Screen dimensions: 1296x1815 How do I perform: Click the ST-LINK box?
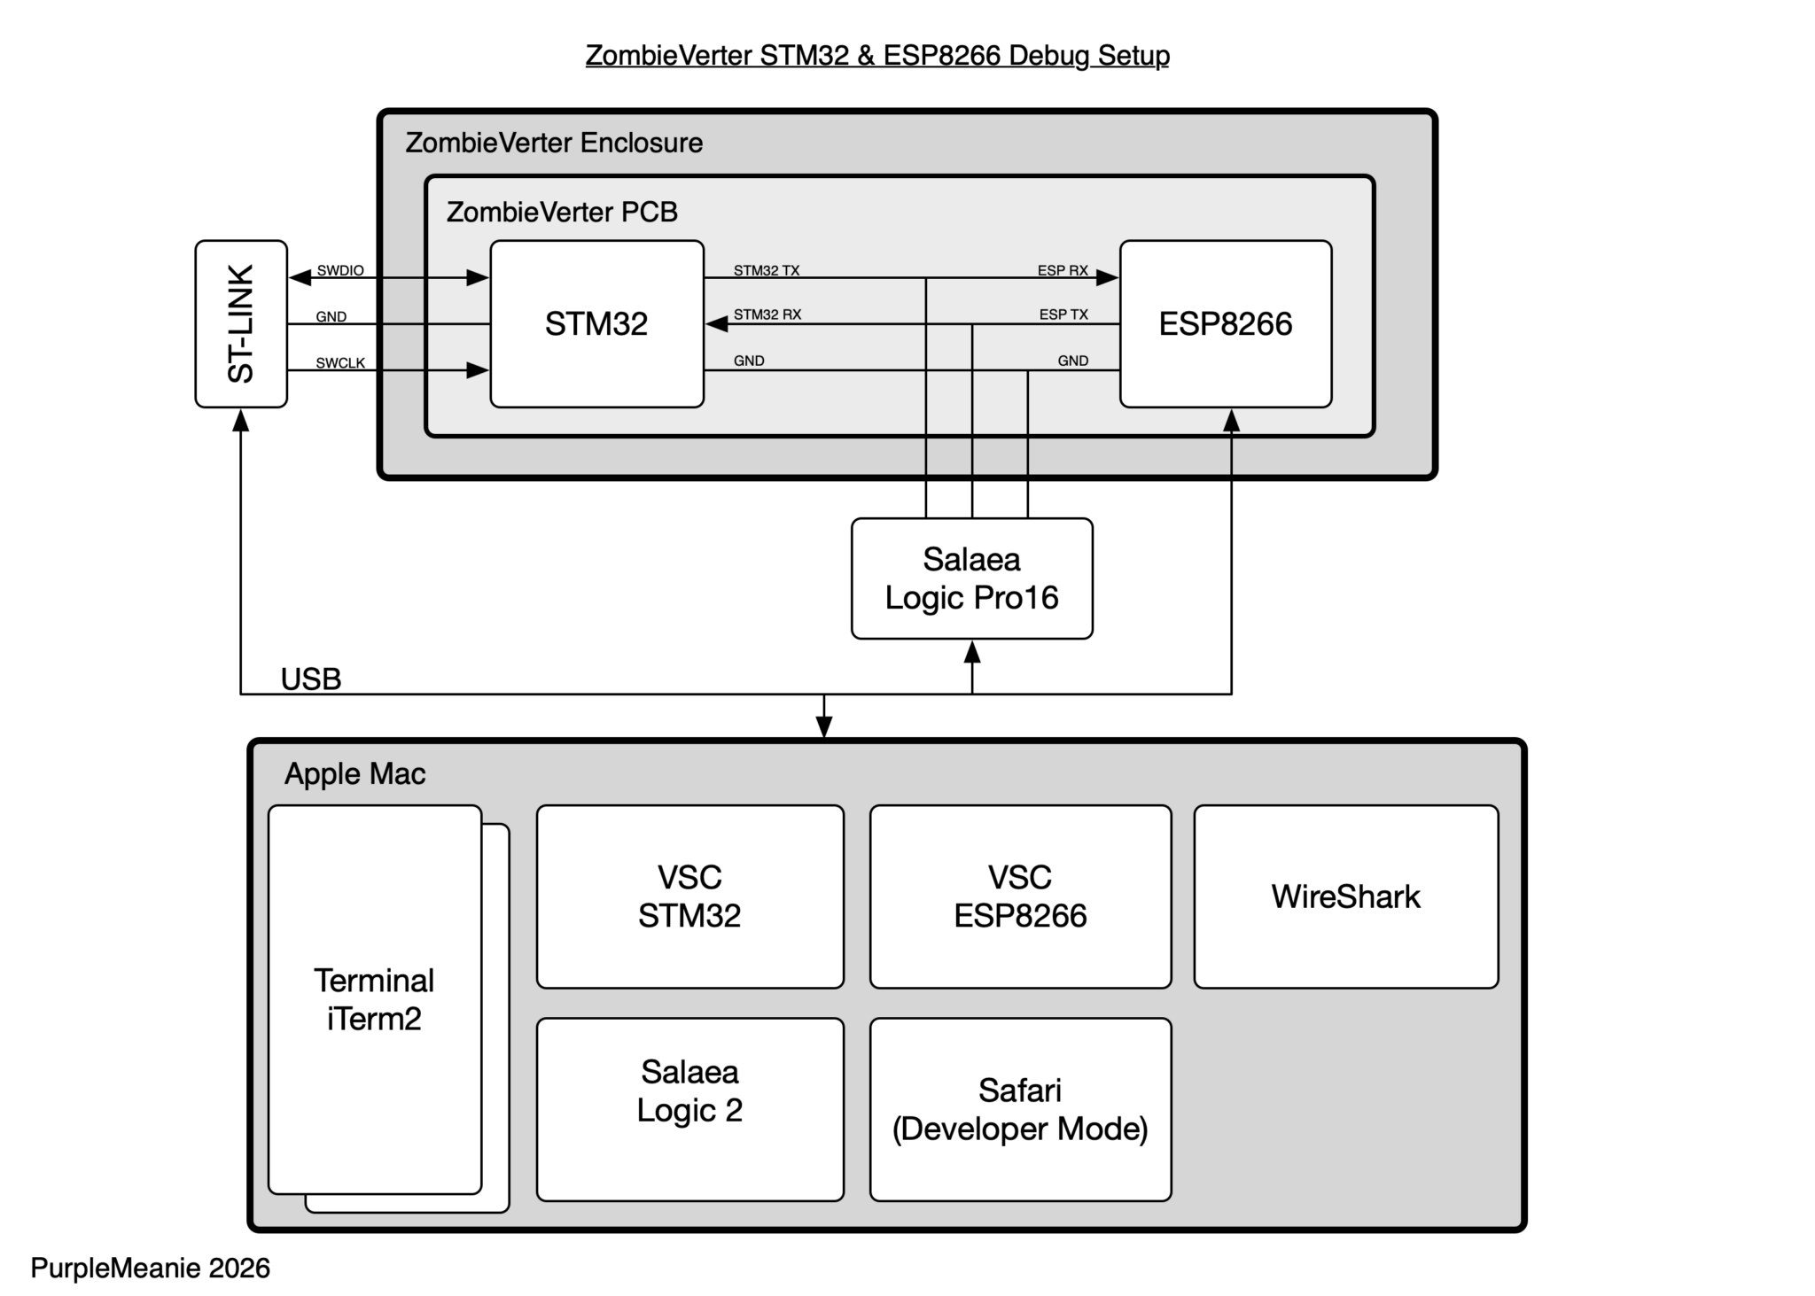coord(241,323)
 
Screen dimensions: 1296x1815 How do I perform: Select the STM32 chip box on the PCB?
coord(596,323)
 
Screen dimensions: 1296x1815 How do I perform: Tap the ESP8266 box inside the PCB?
coord(1226,323)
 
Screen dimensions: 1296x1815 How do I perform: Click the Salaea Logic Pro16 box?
coord(971,578)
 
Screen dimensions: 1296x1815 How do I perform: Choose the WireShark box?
coord(1345,896)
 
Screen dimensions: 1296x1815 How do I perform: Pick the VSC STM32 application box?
coord(689,896)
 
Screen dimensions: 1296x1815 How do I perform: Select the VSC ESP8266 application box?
coord(1020,896)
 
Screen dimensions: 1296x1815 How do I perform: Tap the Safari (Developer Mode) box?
coord(1020,1109)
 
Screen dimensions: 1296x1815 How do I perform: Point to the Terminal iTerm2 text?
coord(374,999)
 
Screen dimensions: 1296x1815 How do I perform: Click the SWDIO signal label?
coord(340,270)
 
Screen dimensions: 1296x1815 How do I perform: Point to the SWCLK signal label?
coord(340,363)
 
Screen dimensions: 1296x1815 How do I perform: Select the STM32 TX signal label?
coord(767,270)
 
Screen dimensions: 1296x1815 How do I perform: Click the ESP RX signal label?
coord(1063,270)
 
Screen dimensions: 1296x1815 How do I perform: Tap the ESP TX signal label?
coord(1063,314)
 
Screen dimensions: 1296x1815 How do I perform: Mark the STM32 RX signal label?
coord(767,314)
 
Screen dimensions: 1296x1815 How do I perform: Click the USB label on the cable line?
coord(311,679)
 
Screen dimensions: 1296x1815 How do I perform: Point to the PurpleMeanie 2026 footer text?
coord(151,1268)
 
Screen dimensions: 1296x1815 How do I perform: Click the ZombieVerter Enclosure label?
coord(554,143)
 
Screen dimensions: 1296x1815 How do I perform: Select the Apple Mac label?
coord(354,774)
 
